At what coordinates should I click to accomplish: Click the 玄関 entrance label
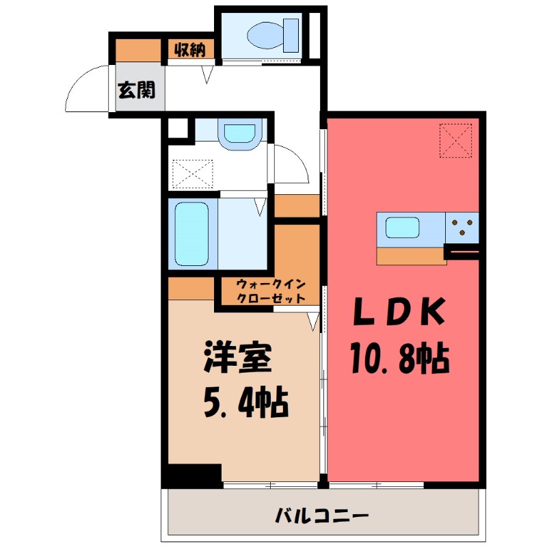point(137,90)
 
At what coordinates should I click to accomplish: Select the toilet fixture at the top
point(273,34)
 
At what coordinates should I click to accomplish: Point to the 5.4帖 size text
point(244,403)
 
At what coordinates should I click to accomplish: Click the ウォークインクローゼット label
point(269,291)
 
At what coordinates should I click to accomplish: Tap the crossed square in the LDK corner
point(456,139)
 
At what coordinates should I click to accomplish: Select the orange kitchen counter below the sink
point(410,255)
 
